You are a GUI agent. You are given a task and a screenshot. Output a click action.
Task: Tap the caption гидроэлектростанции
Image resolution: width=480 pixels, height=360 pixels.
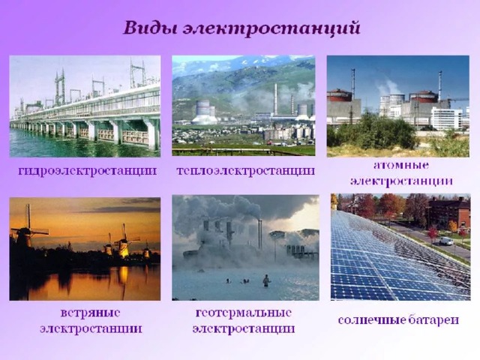pyautogui.click(x=87, y=170)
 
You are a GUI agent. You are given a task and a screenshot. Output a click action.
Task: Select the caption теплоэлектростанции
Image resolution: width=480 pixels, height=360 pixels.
pyautogui.click(x=246, y=170)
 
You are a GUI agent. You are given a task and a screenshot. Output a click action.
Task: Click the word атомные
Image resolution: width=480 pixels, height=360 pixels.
pyautogui.click(x=401, y=165)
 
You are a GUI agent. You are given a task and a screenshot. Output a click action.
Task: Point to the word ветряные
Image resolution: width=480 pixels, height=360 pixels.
pyautogui.click(x=90, y=313)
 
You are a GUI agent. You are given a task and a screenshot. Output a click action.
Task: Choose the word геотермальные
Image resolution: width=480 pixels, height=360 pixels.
pyautogui.click(x=243, y=313)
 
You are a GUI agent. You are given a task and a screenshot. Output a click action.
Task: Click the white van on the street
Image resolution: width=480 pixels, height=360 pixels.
pyautogui.click(x=446, y=241)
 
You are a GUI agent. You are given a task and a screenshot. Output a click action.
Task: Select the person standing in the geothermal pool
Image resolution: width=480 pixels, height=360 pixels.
pyautogui.click(x=266, y=280)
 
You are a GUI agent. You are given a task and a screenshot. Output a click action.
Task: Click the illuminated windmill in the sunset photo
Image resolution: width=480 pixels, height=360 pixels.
pyautogui.click(x=123, y=245)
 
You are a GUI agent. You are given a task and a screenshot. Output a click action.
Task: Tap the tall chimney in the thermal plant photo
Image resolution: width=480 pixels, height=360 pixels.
pyautogui.click(x=275, y=99)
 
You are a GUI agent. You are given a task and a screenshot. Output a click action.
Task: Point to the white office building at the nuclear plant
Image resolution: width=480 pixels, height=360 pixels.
pyautogui.click(x=446, y=118)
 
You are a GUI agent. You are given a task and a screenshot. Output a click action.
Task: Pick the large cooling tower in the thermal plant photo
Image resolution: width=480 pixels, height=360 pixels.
pyautogui.click(x=204, y=112)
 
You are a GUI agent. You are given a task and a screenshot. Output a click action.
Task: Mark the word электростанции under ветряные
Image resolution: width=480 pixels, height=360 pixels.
pyautogui.click(x=91, y=329)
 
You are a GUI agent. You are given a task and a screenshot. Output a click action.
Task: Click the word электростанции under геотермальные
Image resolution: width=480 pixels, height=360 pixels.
pyautogui.click(x=243, y=329)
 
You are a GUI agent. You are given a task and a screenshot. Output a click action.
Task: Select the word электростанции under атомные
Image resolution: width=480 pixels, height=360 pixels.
pyautogui.click(x=401, y=181)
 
